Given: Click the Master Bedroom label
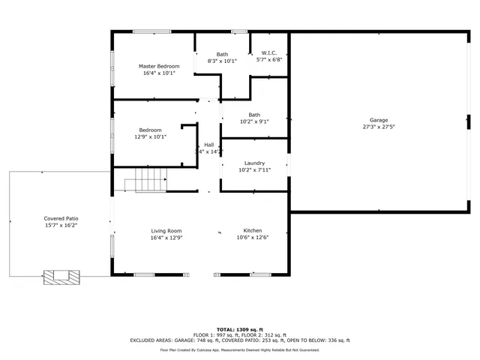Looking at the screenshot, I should click(x=159, y=66).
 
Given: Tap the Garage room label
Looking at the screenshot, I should click(x=379, y=120).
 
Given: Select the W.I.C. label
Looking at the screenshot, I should click(x=269, y=53).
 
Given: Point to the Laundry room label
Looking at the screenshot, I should click(x=255, y=163).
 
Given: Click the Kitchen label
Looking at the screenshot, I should click(x=252, y=230).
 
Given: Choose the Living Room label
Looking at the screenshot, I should click(x=166, y=230).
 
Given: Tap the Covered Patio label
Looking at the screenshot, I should click(x=60, y=217).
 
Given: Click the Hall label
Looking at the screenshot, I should click(x=208, y=145).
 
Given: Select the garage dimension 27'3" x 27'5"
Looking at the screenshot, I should click(x=379, y=127).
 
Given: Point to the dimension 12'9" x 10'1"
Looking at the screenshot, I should click(x=150, y=137).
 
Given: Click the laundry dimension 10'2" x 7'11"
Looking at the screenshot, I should click(x=255, y=169).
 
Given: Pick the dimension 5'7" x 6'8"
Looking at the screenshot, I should click(x=269, y=60).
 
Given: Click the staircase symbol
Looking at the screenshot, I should click(x=145, y=181).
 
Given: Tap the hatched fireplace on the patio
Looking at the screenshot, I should click(x=61, y=277).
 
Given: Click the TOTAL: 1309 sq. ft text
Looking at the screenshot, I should click(x=240, y=329).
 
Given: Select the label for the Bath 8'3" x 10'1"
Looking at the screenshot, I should click(x=223, y=54).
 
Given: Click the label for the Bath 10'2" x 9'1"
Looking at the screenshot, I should click(x=254, y=115).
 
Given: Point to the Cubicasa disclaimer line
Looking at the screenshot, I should click(x=240, y=349).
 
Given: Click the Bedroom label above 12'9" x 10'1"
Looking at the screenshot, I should click(x=150, y=130).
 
